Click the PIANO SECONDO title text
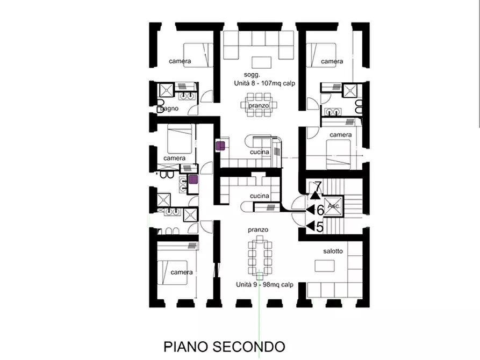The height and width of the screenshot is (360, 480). click(224, 345)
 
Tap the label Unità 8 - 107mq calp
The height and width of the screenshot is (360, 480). click(263, 84)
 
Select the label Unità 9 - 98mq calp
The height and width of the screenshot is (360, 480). click(264, 285)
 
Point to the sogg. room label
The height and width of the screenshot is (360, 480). click(252, 75)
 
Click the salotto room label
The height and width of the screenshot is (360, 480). click(333, 251)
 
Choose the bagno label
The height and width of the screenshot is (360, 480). click(169, 109)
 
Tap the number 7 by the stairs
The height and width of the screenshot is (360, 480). click(318, 187)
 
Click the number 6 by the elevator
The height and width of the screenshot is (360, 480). click(319, 210)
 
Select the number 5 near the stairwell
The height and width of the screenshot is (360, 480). click(319, 227)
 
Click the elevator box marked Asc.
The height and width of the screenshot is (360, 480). click(333, 205)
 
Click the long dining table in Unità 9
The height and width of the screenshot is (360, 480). click(260, 257)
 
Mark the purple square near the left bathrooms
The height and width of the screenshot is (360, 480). click(193, 180)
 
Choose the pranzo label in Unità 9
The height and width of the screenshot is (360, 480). click(258, 229)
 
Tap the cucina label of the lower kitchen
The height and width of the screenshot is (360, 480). click(259, 196)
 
